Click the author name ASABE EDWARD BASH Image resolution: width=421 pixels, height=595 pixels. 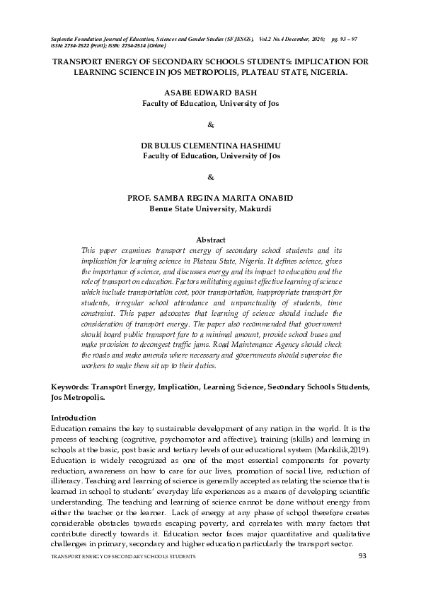pyautogui.click(x=210, y=93)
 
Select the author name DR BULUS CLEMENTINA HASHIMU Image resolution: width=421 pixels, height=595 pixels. pyautogui.click(x=210, y=144)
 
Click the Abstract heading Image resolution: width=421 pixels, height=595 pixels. pyautogui.click(x=210, y=240)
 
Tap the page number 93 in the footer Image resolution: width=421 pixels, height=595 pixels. pyautogui.click(x=363, y=558)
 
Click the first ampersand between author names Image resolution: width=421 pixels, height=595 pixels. pyautogui.click(x=210, y=124)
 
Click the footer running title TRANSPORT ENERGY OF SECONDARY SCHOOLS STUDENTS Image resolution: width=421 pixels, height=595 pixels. pyautogui.click(x=121, y=558)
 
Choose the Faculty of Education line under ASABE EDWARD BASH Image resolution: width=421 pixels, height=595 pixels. pyautogui.click(x=210, y=103)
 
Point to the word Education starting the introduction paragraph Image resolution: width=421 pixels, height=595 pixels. pyautogui.click(x=70, y=428)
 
